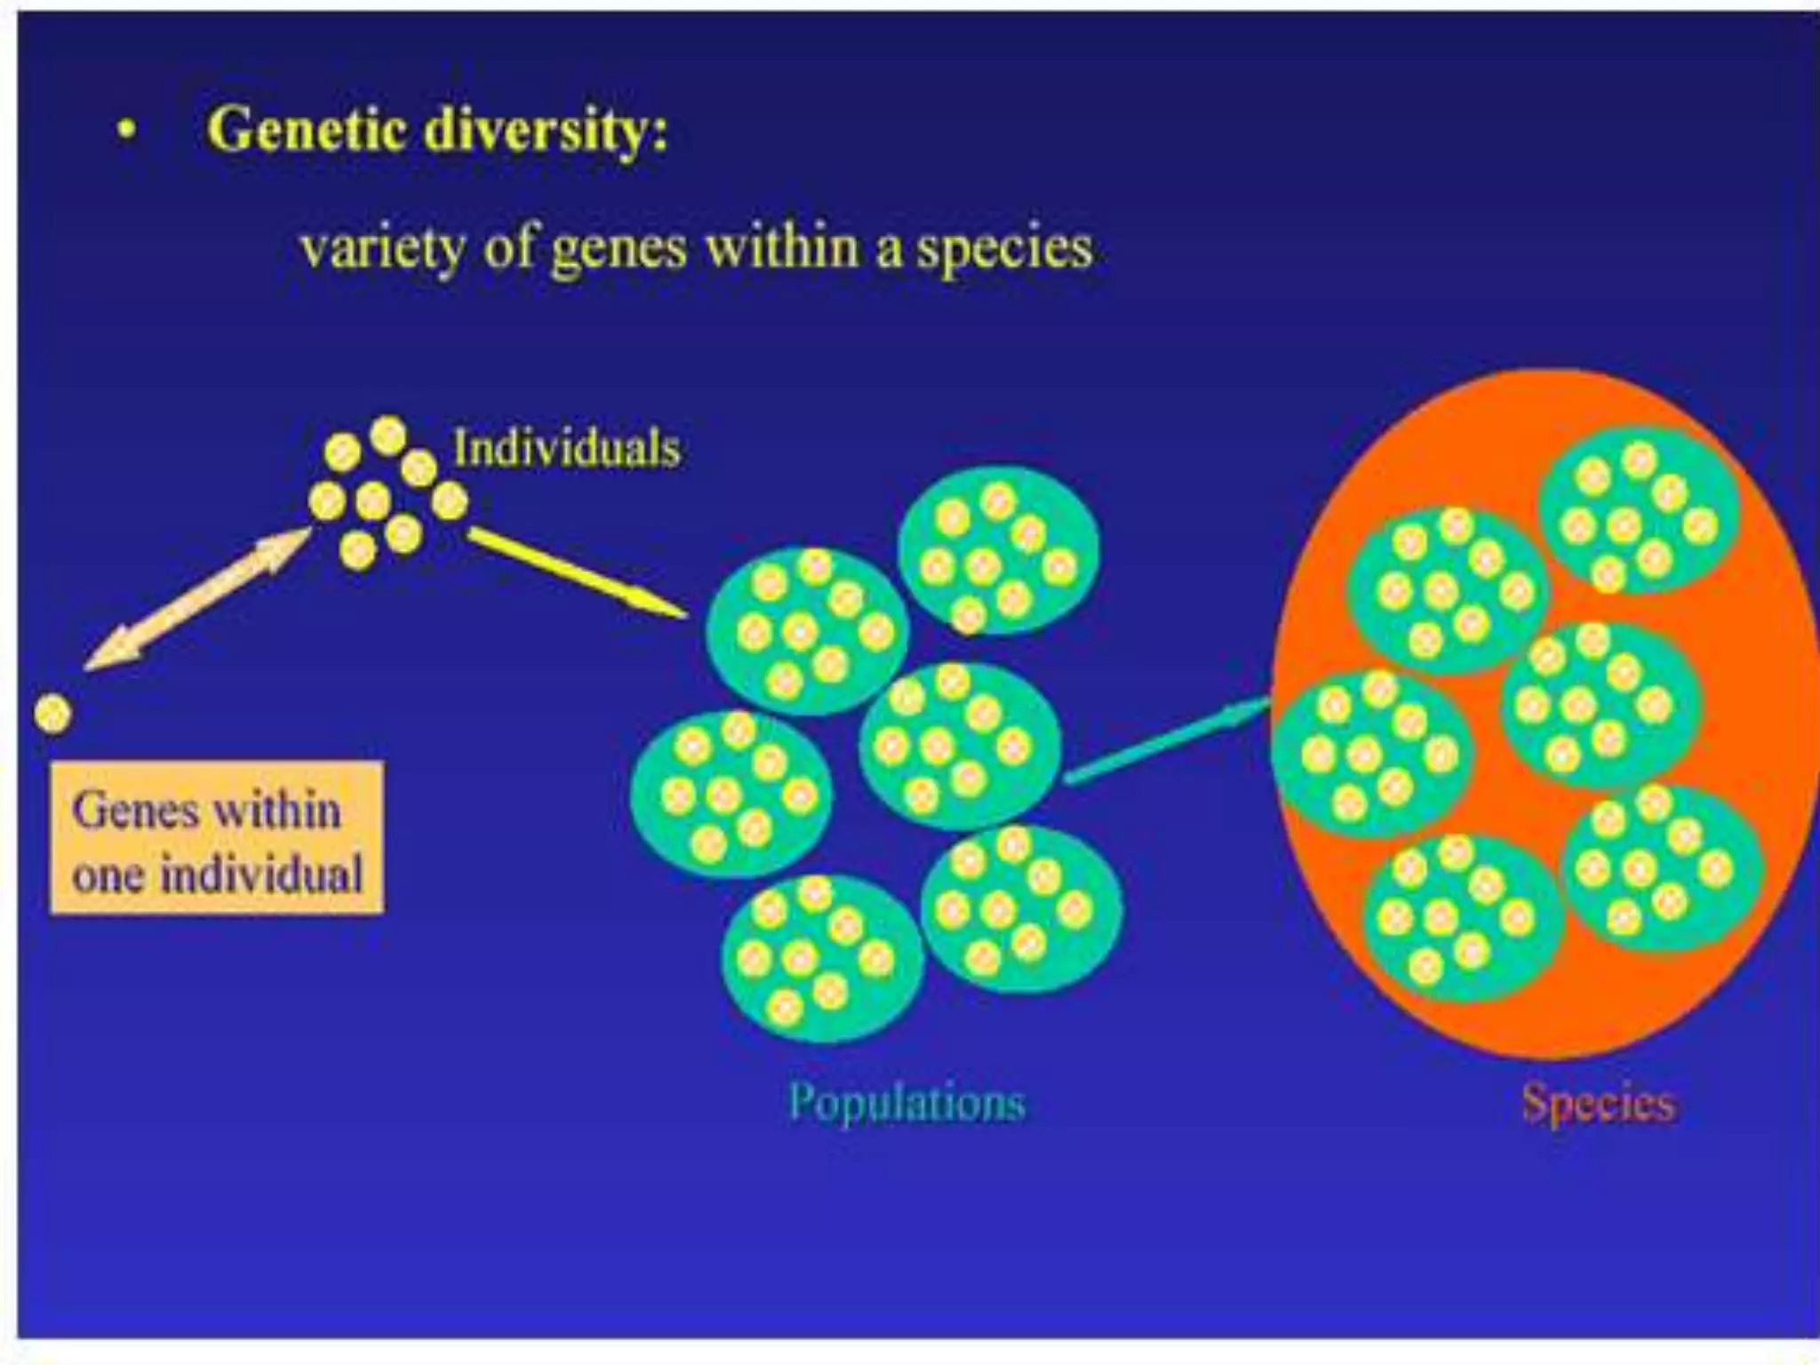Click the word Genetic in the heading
tap(307, 130)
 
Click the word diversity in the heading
tap(545, 130)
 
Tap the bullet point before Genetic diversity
tap(128, 131)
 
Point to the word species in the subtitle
tap(1004, 249)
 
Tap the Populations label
tap(906, 1102)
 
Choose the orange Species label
tap(1599, 1103)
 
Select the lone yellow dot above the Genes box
tap(52, 714)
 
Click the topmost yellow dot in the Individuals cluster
tap(387, 435)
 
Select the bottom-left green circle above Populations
tap(822, 958)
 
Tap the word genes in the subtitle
tap(619, 249)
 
